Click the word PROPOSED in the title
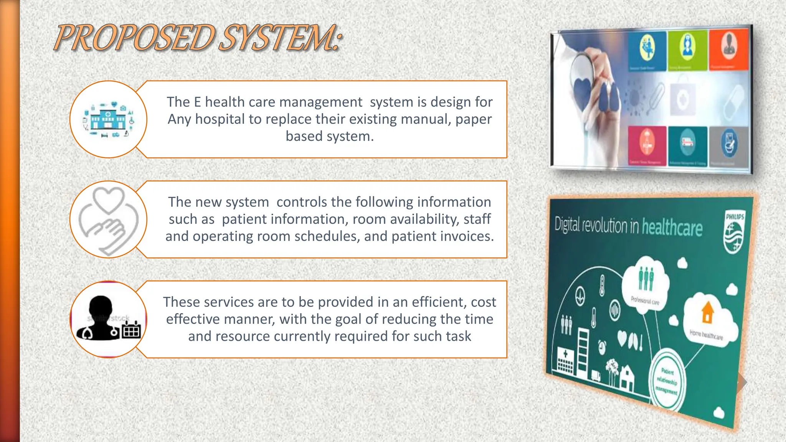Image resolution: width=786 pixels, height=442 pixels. tap(134, 38)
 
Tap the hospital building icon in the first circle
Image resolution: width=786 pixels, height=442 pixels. tap(108, 119)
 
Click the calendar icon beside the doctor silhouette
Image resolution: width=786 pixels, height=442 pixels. tap(132, 330)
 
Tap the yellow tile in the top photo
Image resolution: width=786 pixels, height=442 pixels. tap(647, 50)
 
